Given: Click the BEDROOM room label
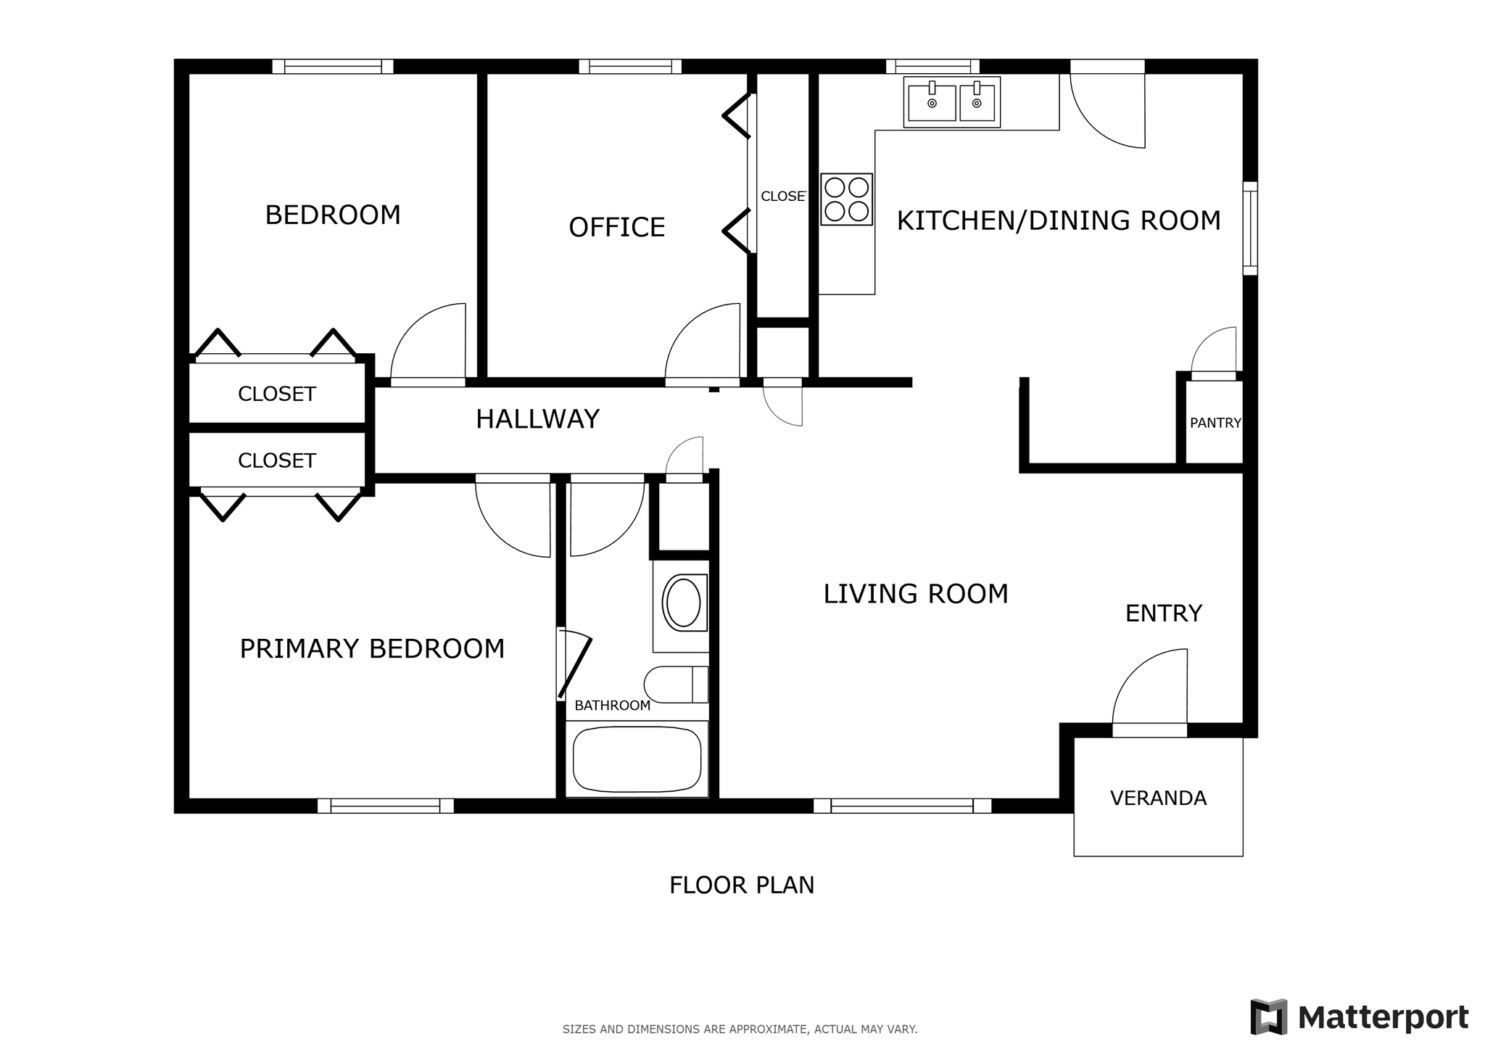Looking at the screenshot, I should click(x=333, y=215).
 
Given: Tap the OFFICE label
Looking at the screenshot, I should click(x=616, y=227).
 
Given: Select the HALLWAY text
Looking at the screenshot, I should click(x=537, y=419).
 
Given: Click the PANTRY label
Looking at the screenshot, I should click(x=1215, y=423).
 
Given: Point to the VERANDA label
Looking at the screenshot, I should click(x=1158, y=798).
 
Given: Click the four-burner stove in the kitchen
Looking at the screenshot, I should click(x=846, y=199).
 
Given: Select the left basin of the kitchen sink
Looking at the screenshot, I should click(x=932, y=102).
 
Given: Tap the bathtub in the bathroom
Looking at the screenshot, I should click(x=637, y=760).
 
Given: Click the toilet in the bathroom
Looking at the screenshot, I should click(x=674, y=685).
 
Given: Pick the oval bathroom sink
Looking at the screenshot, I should click(x=682, y=603).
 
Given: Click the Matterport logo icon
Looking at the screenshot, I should click(x=1268, y=1017).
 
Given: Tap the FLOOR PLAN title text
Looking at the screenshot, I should click(x=741, y=885).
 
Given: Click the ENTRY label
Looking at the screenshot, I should click(x=1163, y=613).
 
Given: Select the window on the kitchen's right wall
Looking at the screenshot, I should click(x=1250, y=228).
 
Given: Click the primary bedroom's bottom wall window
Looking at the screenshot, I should click(x=385, y=806).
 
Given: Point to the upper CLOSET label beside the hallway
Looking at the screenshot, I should click(x=277, y=394).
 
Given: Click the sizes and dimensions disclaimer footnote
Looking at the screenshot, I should click(x=740, y=1029).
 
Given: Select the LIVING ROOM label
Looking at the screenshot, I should click(x=915, y=594).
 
